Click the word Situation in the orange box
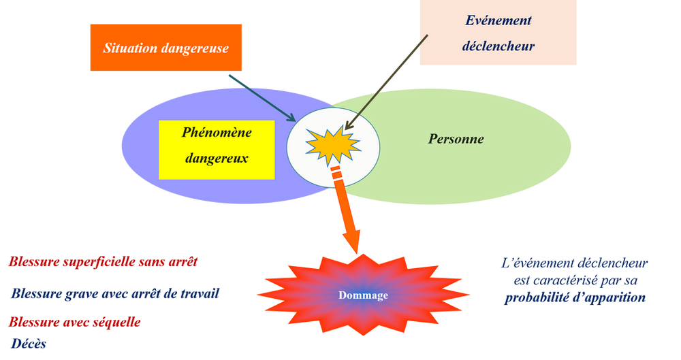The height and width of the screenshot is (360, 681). pos(128,48)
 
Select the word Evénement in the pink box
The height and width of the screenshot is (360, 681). pos(498,20)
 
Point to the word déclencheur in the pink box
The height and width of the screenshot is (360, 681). pos(498,47)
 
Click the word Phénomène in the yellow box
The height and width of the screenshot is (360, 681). pos(216,132)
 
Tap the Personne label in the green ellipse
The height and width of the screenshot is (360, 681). pos(456,140)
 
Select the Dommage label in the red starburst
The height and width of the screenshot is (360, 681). pos(364,295)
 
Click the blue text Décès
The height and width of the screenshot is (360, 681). pos(28,346)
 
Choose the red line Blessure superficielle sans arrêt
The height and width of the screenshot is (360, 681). pos(103,261)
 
